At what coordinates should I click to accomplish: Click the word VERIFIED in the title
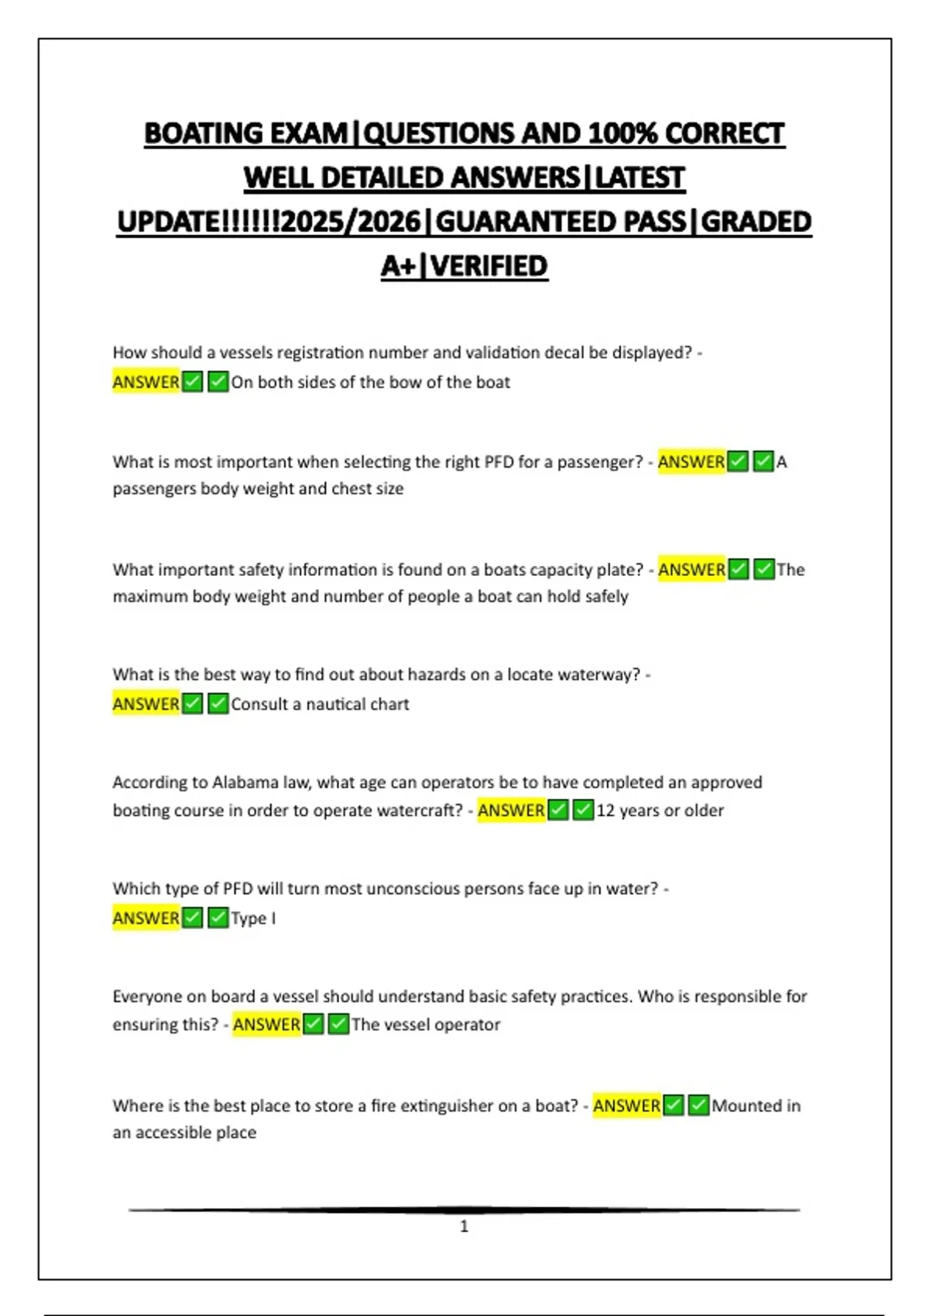489,266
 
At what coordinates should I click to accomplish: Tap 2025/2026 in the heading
351,222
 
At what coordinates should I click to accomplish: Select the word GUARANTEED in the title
560,222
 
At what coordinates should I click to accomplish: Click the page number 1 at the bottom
464,1226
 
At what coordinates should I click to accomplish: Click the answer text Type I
253,918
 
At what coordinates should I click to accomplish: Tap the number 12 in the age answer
605,811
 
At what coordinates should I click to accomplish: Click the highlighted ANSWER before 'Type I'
146,918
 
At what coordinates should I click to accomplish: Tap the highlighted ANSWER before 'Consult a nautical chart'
146,704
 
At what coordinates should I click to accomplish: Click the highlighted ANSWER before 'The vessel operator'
266,1025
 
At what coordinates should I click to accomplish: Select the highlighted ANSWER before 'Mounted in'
626,1105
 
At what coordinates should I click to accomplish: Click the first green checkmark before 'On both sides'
193,382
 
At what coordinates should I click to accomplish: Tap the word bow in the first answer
404,382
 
